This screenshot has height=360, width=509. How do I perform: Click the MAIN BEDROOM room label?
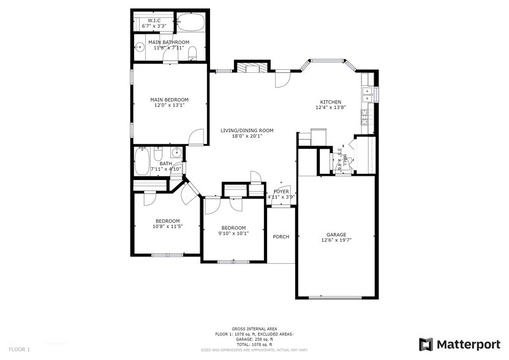[x=170, y=99]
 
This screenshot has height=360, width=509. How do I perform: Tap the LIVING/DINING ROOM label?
[x=247, y=130]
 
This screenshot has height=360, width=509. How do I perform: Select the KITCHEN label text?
[x=331, y=102]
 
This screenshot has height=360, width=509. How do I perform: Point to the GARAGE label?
[x=336, y=234]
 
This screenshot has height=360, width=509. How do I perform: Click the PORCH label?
[x=281, y=237]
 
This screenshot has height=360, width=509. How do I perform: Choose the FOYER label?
[x=281, y=192]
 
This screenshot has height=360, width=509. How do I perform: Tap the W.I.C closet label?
[x=154, y=21]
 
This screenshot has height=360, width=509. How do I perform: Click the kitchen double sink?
[x=368, y=94]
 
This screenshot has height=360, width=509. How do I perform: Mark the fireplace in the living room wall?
[x=252, y=67]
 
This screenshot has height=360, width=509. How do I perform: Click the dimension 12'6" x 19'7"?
[x=336, y=241]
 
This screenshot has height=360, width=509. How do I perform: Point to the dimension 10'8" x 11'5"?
[x=167, y=227]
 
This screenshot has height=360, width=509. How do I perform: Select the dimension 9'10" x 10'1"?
[x=233, y=233]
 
